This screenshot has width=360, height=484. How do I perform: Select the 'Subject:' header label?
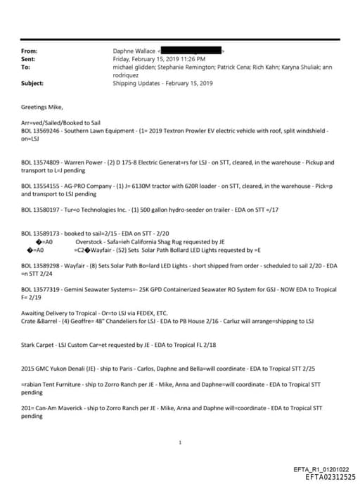[x=32, y=83]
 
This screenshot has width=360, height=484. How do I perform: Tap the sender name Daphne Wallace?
[x=134, y=51]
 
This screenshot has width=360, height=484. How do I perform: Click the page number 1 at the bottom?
[x=181, y=443]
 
